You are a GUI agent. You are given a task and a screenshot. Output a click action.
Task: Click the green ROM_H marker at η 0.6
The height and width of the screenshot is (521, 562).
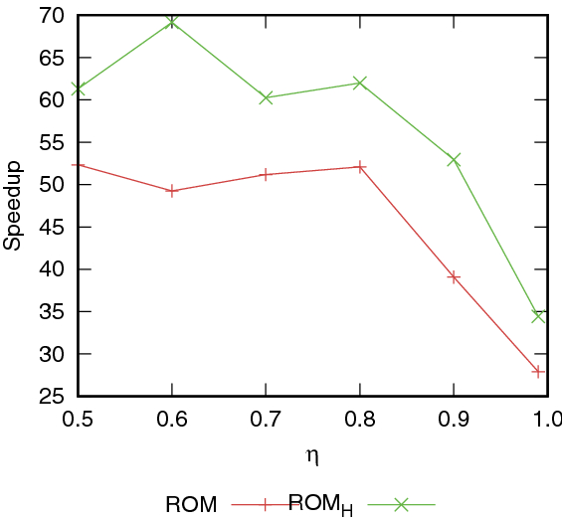[x=172, y=22]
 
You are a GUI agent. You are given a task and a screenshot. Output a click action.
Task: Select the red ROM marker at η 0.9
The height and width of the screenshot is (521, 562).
[x=455, y=277]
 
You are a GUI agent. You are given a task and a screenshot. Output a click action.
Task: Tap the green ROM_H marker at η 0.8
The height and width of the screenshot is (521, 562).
[x=360, y=83]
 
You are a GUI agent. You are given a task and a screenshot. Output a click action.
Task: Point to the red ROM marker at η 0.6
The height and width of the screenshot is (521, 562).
[x=172, y=191]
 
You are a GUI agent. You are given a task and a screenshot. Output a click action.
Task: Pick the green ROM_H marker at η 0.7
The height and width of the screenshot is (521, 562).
[x=267, y=97]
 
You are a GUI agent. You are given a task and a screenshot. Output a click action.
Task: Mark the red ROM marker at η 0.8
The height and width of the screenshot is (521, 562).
[x=360, y=167]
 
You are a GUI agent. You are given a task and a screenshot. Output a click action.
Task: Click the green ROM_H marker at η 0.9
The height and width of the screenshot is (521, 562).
[x=455, y=160]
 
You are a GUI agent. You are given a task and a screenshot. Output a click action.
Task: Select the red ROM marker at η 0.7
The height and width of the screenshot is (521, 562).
[x=267, y=174]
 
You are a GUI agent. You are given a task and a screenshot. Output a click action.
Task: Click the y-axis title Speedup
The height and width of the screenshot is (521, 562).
[x=13, y=207]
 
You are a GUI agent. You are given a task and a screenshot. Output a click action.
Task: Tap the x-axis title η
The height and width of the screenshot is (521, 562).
[x=312, y=457]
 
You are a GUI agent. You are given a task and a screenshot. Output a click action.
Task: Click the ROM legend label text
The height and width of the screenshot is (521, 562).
[x=192, y=504]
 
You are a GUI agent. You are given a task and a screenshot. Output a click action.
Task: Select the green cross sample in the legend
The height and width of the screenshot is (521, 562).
[x=402, y=504]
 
